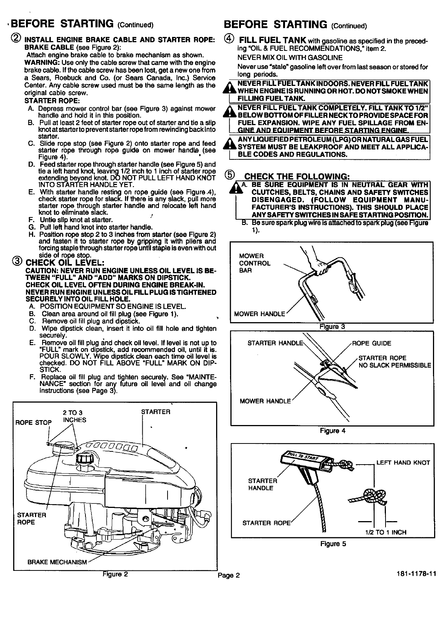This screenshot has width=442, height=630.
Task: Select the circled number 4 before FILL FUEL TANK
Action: click(x=229, y=39)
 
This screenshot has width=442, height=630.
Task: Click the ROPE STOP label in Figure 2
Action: click(x=34, y=422)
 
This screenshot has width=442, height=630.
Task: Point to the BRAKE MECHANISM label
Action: click(x=57, y=562)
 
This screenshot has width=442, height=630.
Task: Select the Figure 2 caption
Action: click(x=116, y=574)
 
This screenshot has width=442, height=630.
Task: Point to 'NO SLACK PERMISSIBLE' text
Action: click(x=395, y=365)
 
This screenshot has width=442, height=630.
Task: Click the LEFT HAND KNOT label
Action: click(x=403, y=462)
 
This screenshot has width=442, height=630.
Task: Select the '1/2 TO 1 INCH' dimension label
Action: click(x=386, y=532)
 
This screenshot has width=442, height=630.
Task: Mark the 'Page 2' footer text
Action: click(x=229, y=575)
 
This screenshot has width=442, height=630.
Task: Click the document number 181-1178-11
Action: click(x=416, y=574)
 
